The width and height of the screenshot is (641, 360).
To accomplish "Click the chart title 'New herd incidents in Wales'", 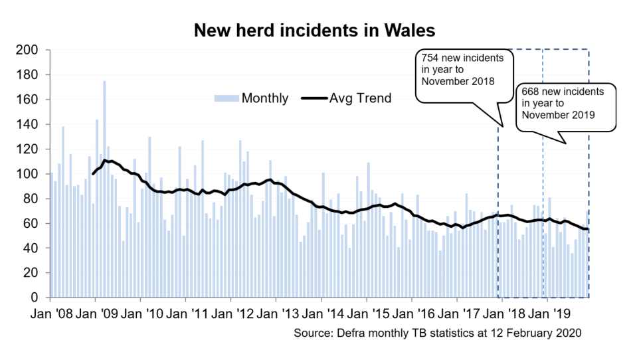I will click(314, 31).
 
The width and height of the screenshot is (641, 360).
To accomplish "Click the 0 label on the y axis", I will click(40, 298).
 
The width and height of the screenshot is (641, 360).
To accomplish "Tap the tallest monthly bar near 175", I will click(104, 82).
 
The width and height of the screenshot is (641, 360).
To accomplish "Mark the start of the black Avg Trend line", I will click(93, 173).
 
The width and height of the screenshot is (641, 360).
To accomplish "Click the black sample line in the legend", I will click(314, 98).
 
